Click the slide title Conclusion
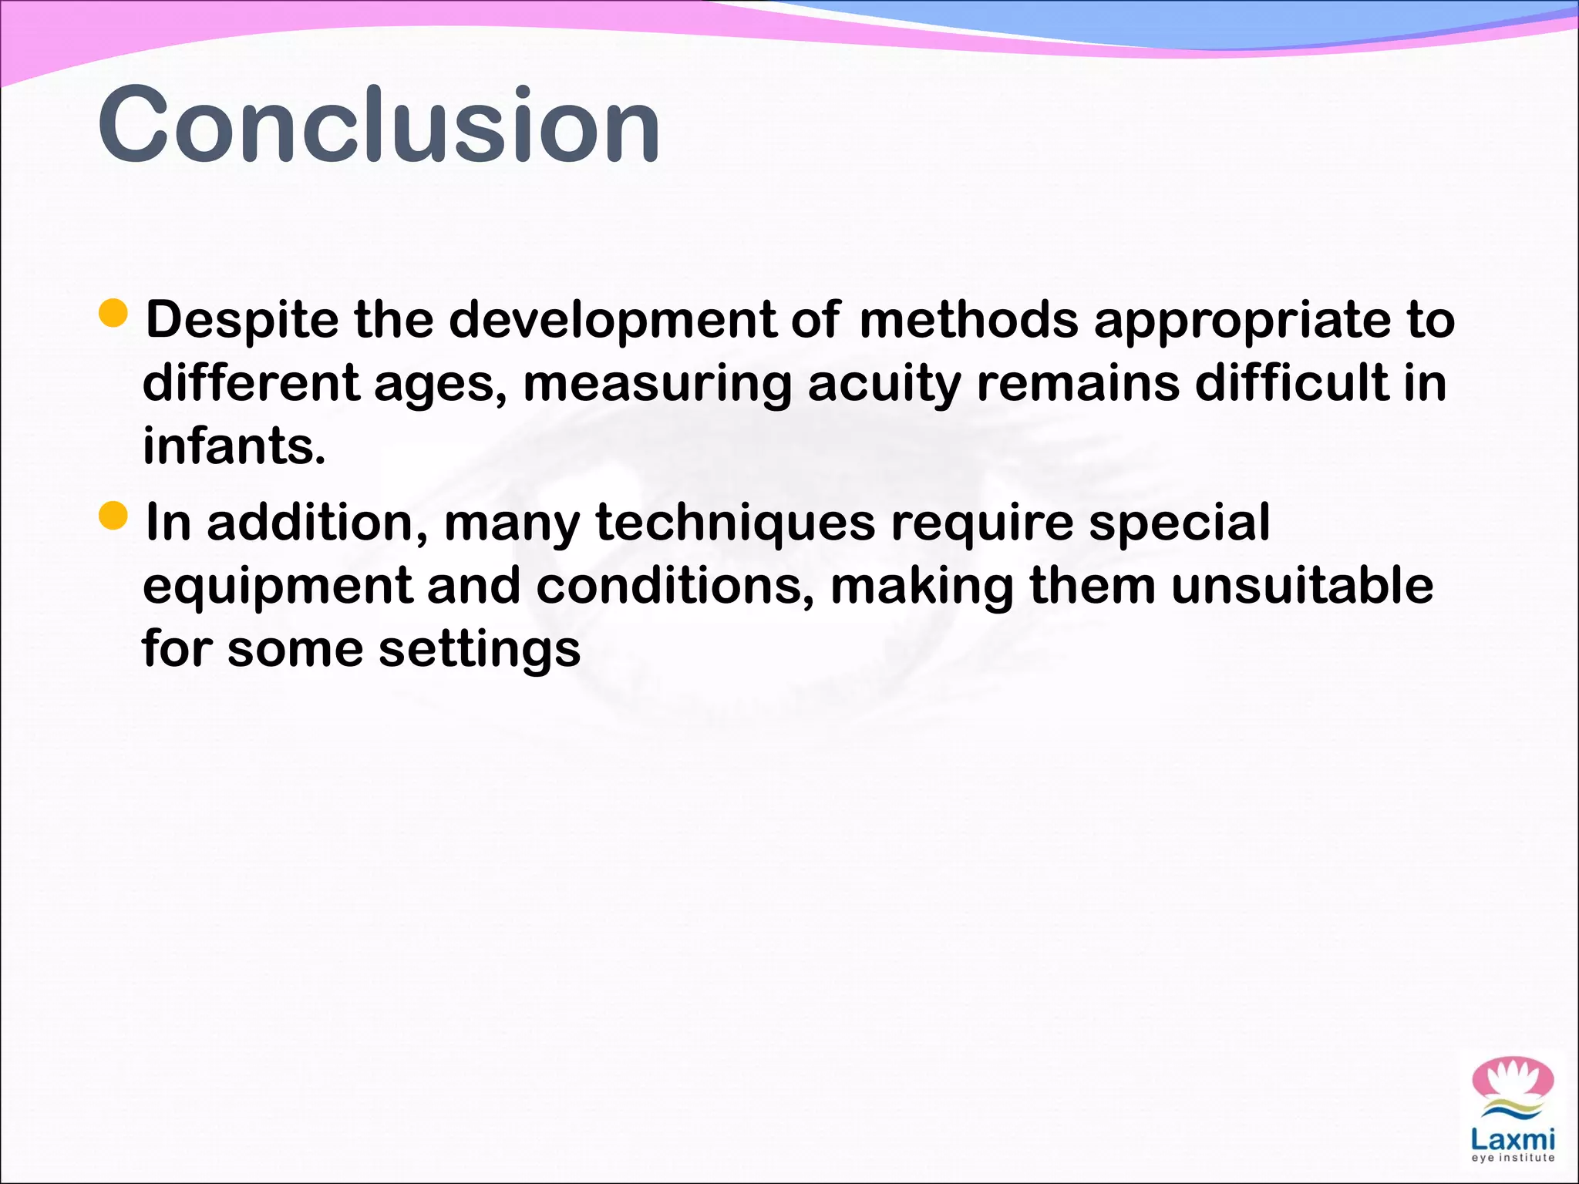(378, 125)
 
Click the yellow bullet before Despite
(113, 314)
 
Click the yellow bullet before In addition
(113, 516)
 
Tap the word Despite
(242, 320)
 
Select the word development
(612, 320)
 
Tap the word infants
(234, 446)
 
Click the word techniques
(736, 523)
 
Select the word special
(1179, 523)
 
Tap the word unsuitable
(1302, 586)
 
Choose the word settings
(479, 650)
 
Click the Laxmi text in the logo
(1513, 1139)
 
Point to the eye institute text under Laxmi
(1513, 1158)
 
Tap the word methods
(968, 320)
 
